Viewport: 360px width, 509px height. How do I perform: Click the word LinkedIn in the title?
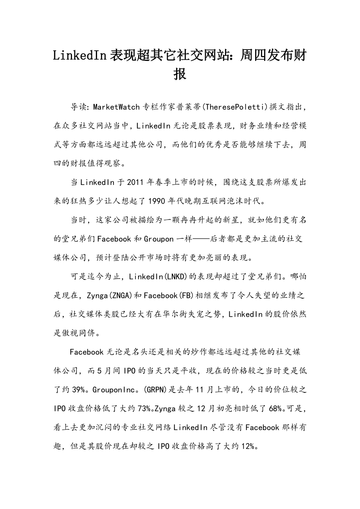[80, 56]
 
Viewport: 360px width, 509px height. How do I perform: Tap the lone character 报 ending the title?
[180, 73]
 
